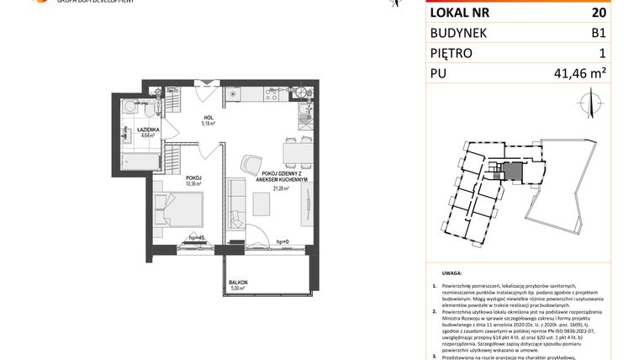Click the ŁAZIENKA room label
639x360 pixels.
tap(139, 130)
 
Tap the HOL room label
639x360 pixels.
tap(208, 117)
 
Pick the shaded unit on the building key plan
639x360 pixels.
tap(511, 171)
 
